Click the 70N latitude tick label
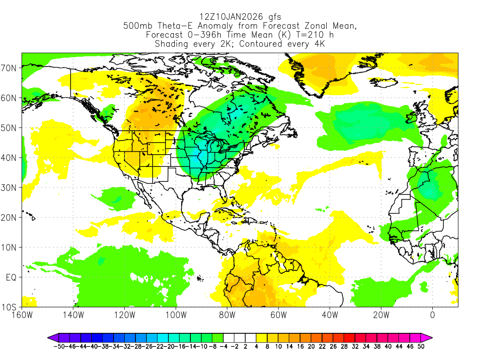pos(10,68)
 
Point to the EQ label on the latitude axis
pos(11,277)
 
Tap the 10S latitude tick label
pos(10,307)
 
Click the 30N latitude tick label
pos(10,187)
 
